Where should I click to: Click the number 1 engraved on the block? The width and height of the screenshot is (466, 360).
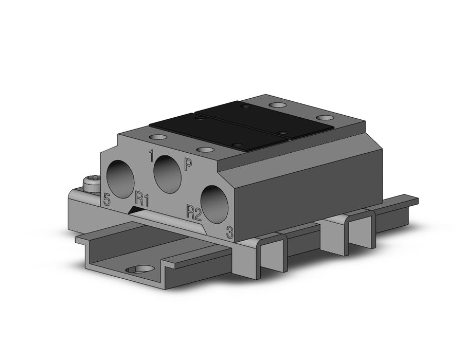(x=152, y=156)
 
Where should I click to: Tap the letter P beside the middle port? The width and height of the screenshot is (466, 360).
(x=188, y=165)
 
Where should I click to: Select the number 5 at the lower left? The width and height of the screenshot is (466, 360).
(x=106, y=199)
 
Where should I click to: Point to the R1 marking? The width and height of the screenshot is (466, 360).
(x=142, y=199)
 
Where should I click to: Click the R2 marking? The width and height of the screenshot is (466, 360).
(x=194, y=212)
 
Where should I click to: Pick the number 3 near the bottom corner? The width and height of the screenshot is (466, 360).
(x=230, y=232)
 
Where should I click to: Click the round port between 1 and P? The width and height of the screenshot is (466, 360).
(x=167, y=175)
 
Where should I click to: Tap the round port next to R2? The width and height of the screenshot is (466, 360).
(x=214, y=204)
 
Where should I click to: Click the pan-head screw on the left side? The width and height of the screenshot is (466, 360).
(x=92, y=184)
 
